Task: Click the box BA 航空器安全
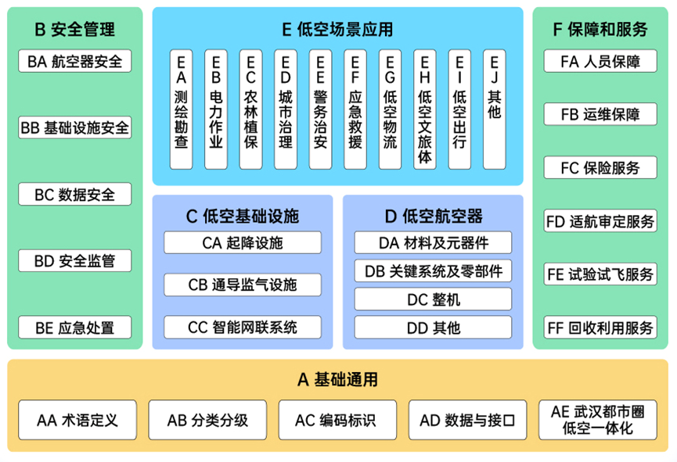click(75, 61)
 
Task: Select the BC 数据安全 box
click(75, 195)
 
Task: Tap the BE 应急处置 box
click(75, 328)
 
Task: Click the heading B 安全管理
click(75, 30)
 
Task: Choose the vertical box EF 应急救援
click(355, 109)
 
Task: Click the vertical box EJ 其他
click(494, 109)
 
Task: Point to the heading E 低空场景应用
click(337, 30)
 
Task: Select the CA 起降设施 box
click(243, 243)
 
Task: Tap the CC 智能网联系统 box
click(243, 328)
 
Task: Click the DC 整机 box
click(433, 299)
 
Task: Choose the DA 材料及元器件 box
click(433, 243)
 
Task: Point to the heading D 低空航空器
click(433, 216)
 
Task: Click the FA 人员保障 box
click(601, 61)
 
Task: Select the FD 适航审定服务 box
click(601, 221)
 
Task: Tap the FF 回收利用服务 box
click(601, 328)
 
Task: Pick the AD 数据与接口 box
click(467, 420)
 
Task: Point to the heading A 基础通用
click(337, 380)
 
